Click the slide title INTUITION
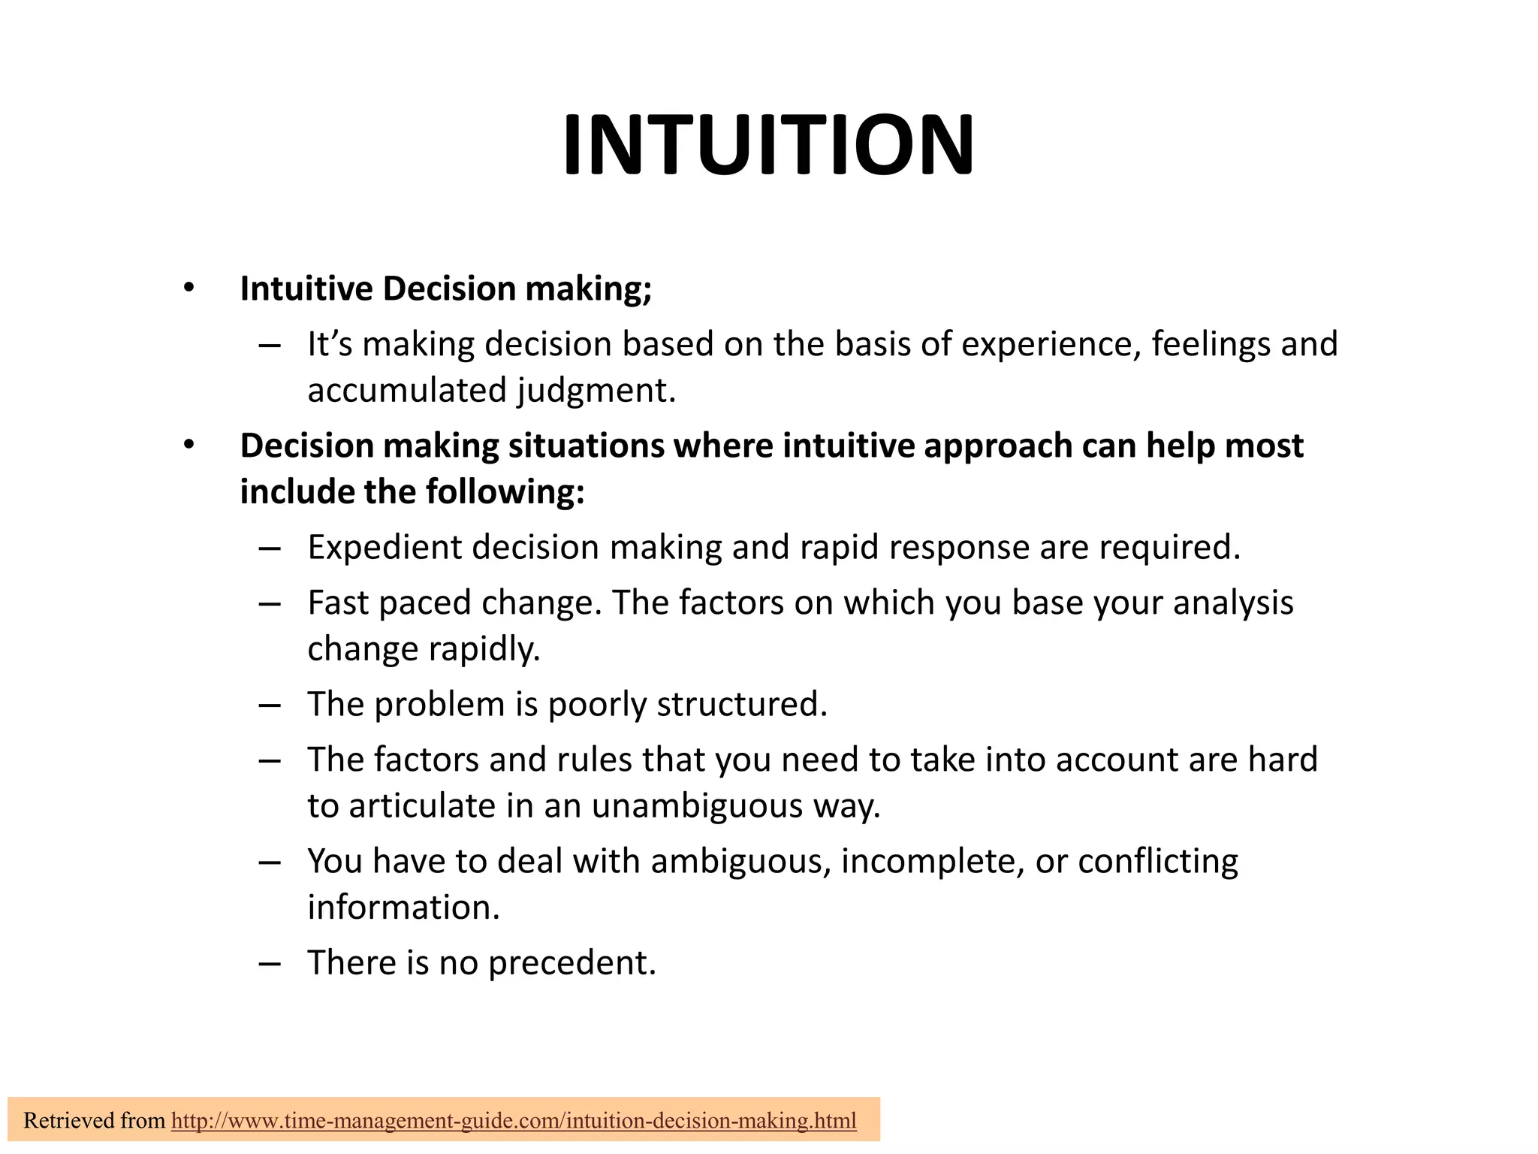(768, 145)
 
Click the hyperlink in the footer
(514, 1121)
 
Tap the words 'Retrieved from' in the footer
(94, 1121)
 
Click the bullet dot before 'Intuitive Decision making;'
(188, 288)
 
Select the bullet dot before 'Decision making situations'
(188, 446)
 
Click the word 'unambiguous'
(697, 806)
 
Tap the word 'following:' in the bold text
(505, 493)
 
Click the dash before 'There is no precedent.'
(269, 964)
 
